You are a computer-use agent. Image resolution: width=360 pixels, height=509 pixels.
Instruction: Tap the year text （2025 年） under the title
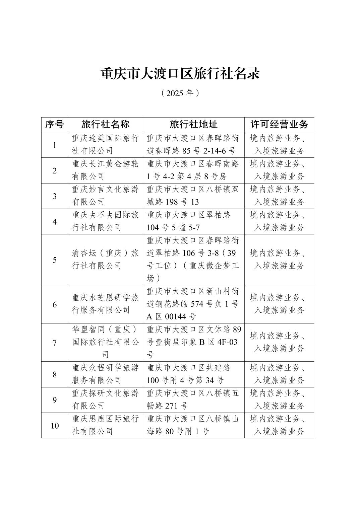pos(180,93)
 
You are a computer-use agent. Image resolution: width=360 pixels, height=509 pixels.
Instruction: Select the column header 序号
pos(54,125)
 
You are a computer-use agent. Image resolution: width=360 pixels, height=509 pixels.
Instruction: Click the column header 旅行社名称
pos(105,125)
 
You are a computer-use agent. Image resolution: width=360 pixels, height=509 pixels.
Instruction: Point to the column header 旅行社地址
pos(193,125)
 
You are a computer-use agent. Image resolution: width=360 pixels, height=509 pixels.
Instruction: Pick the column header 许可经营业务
pos(279,125)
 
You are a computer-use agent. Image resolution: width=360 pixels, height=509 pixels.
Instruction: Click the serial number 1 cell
pos(54,145)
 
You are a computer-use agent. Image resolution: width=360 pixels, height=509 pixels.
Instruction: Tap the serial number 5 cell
pos(54,260)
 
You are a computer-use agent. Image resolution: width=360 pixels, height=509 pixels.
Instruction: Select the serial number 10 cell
pos(54,425)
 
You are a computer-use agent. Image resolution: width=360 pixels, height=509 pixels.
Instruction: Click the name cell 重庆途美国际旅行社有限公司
pos(105,145)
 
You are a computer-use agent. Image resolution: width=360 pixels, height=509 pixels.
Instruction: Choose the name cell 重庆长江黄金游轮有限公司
pos(105,170)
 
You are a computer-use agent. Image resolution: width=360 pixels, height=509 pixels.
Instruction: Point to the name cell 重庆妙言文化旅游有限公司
pos(105,196)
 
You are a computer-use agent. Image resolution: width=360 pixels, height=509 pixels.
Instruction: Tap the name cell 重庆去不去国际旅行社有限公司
pos(105,221)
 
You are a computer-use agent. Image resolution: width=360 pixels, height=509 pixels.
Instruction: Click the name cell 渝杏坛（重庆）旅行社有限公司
pos(105,260)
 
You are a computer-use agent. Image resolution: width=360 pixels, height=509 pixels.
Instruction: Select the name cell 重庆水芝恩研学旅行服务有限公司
pos(105,304)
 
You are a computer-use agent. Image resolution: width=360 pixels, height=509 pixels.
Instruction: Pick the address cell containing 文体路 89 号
pos(193,342)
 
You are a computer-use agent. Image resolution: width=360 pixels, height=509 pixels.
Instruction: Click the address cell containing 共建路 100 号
pos(193,374)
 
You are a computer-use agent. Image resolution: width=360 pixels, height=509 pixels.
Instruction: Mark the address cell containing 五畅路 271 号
pos(193,399)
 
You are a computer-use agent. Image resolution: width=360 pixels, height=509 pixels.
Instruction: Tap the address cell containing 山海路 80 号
pos(193,425)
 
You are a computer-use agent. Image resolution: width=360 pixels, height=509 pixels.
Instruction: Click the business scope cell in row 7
pos(279,342)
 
